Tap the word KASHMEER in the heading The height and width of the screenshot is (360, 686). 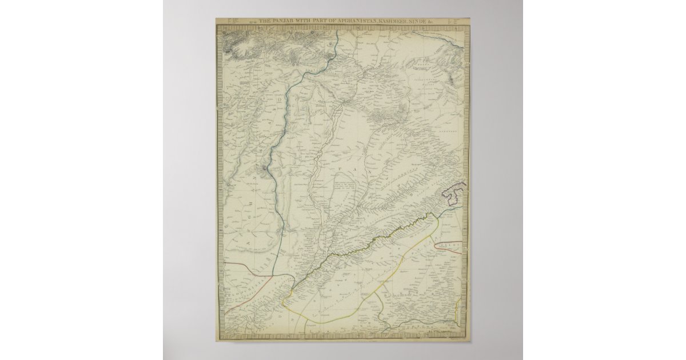[x=390, y=22]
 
